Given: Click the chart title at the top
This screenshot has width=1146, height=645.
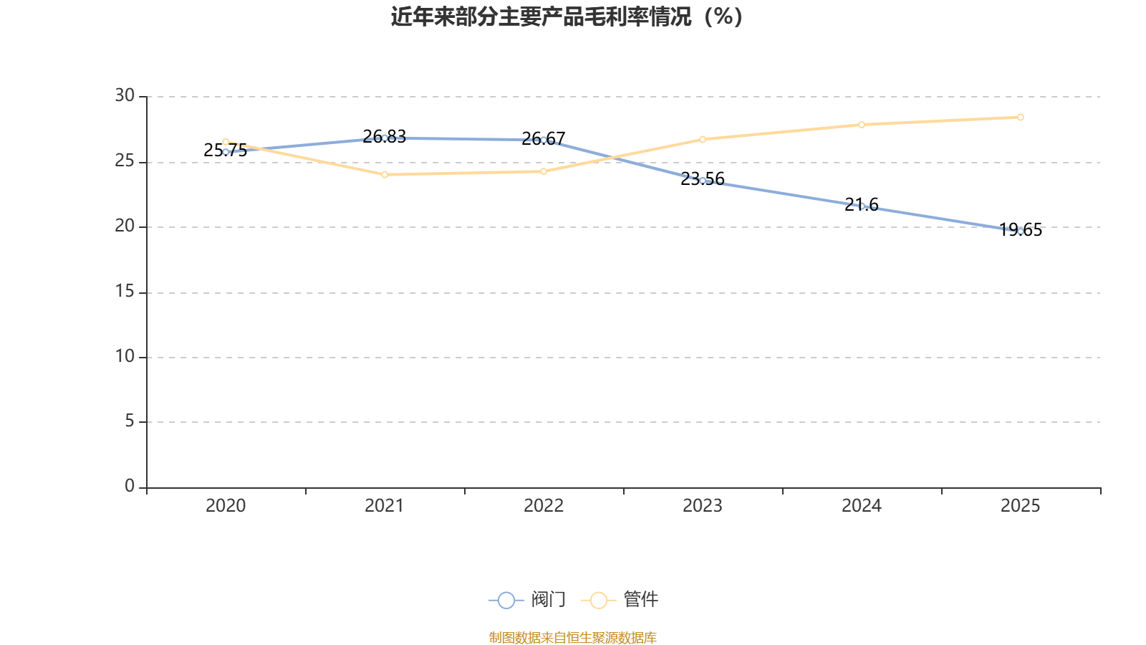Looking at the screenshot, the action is click(567, 16).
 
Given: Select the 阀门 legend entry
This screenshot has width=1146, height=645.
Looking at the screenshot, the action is click(527, 599).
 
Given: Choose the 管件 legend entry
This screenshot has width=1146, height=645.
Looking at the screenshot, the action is click(620, 599).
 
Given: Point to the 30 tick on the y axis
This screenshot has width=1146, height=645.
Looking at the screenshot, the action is click(125, 96).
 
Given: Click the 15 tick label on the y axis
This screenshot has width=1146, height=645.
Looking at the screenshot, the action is click(125, 292).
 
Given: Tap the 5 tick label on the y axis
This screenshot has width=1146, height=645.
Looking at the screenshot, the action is click(130, 421).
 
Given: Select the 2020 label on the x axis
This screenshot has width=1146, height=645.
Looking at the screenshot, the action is click(226, 506).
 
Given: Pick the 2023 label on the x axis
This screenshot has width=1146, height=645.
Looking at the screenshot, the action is click(703, 506).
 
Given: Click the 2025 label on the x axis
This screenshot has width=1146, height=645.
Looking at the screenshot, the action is click(1020, 506).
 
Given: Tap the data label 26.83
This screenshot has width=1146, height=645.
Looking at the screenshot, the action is click(384, 137).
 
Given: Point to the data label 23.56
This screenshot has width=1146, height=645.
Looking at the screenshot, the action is click(703, 179).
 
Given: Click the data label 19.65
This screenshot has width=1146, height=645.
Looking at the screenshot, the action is click(1020, 230).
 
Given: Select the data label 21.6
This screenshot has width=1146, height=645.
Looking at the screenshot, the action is click(862, 205).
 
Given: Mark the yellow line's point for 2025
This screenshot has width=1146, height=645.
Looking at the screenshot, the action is click(1021, 118).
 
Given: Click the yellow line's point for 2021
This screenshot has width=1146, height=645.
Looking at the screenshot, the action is click(385, 175).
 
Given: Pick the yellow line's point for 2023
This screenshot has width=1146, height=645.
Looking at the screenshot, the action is click(703, 139).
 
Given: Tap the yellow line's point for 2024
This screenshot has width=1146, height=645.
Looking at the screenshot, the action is click(862, 125).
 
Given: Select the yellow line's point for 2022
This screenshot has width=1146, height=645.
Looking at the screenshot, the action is click(544, 171).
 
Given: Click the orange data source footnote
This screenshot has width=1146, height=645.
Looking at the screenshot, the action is click(572, 637).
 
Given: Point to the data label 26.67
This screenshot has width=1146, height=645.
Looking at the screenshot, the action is click(544, 139).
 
